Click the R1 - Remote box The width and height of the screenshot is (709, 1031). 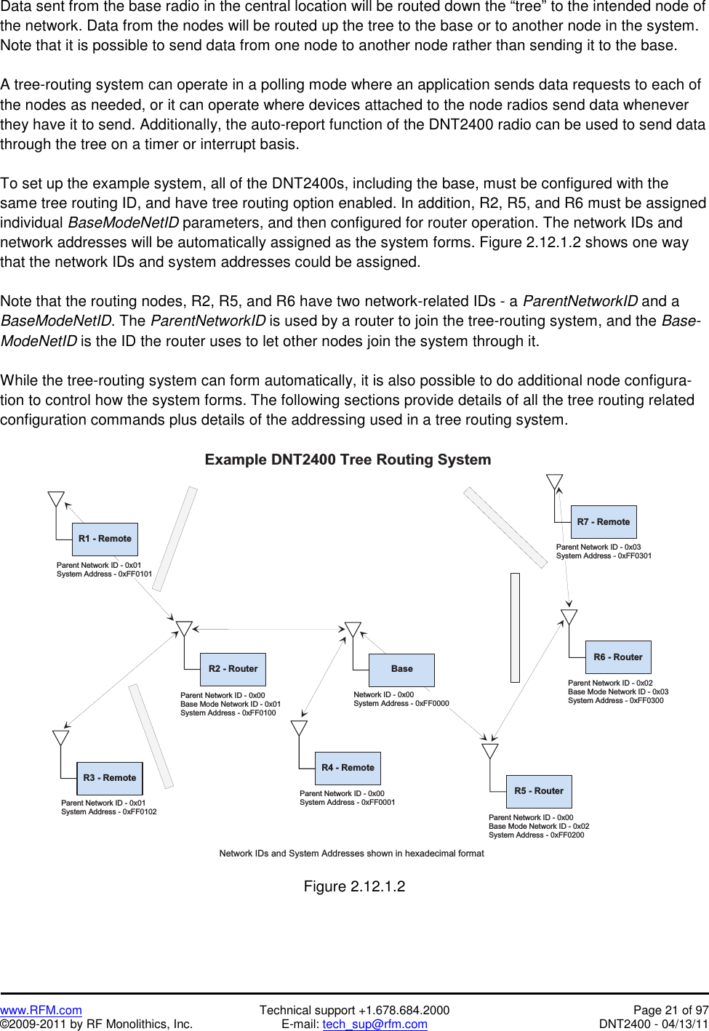(105, 539)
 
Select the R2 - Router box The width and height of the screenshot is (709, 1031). (233, 669)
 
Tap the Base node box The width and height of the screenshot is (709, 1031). (401, 669)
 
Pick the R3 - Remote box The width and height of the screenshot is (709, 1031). (110, 778)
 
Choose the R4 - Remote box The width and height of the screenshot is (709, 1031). (348, 768)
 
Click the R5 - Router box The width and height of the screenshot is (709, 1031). (539, 791)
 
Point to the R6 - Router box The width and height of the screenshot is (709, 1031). (618, 657)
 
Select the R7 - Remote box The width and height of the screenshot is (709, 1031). (604, 522)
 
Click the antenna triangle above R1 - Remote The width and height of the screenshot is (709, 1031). (56, 500)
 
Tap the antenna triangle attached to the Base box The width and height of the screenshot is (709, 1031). (353, 630)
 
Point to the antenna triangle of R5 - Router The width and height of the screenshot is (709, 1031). (490, 751)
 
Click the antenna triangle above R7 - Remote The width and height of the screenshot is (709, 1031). (555, 482)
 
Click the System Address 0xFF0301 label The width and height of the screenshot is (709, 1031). (604, 556)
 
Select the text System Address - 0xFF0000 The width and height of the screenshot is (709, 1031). (401, 704)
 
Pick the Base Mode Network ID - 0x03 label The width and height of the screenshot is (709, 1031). (618, 692)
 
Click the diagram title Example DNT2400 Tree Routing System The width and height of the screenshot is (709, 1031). (348, 460)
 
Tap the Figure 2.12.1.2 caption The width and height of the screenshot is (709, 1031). (354, 886)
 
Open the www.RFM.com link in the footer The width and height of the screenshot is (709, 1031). (41, 1010)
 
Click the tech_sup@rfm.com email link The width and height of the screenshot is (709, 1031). (374, 1024)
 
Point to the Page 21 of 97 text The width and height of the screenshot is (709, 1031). (670, 1010)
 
